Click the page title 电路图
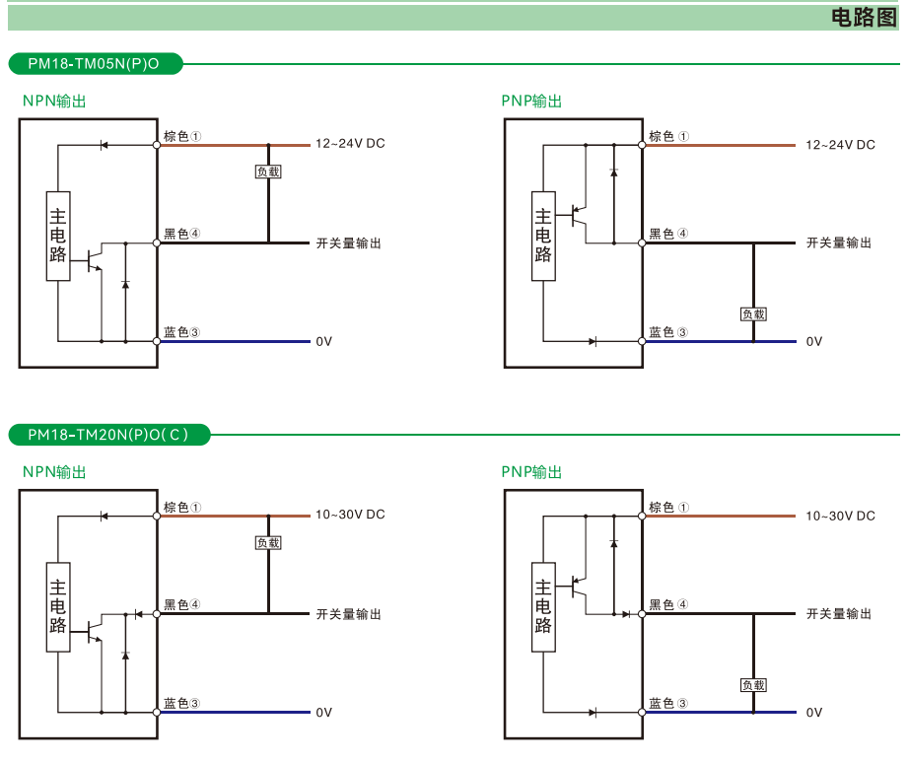click(864, 17)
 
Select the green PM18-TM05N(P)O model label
click(94, 64)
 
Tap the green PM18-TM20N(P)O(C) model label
click(106, 435)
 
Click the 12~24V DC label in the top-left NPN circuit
click(350, 144)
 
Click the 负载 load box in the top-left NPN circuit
click(268, 172)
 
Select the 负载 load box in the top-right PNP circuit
click(753, 314)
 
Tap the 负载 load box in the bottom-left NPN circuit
click(268, 542)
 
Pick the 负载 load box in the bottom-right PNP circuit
click(753, 685)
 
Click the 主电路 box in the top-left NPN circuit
click(58, 236)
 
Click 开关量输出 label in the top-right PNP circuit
click(839, 242)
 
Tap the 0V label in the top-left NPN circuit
click(324, 341)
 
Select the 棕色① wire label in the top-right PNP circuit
click(668, 136)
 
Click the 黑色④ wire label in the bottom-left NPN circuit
click(182, 604)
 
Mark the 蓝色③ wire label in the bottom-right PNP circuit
click(668, 703)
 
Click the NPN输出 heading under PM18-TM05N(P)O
click(54, 102)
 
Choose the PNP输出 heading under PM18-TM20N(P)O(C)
click(531, 472)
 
